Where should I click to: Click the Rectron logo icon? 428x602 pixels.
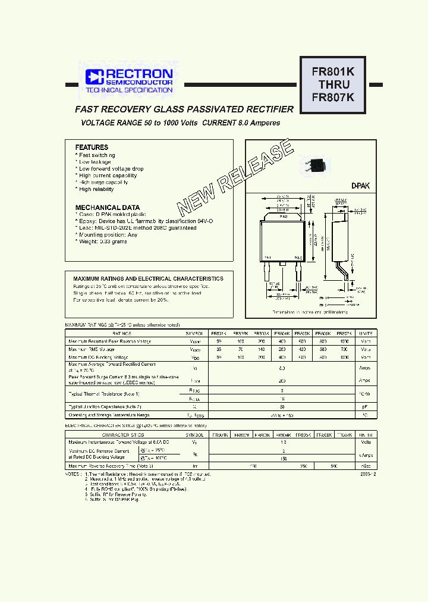(x=95, y=76)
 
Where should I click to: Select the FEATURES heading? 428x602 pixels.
(x=92, y=147)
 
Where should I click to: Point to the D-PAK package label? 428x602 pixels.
(x=360, y=186)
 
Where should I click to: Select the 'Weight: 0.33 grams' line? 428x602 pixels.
(x=102, y=242)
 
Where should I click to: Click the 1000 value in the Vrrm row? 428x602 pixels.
(x=344, y=341)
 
